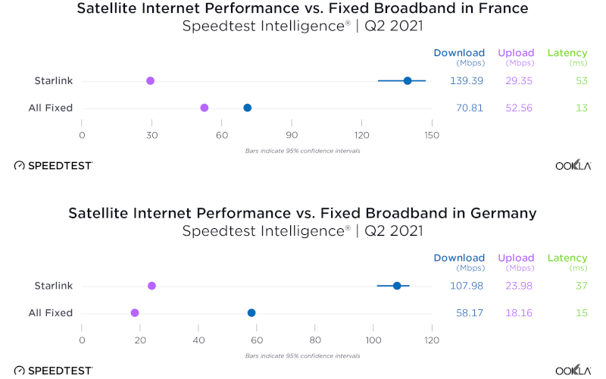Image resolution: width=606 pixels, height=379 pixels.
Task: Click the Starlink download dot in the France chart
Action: [408, 80]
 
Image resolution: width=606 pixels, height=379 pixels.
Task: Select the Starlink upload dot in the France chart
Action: [150, 80]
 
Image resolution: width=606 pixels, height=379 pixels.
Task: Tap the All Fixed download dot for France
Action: [247, 108]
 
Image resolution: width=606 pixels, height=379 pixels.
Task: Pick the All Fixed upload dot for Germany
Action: [135, 312]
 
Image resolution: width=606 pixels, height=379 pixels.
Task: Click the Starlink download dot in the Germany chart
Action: [397, 286]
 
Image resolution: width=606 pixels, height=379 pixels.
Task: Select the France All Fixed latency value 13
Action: [582, 108]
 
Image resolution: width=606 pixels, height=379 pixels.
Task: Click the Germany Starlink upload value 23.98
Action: [516, 286]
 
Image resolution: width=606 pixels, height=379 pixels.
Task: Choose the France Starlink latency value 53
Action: [582, 80]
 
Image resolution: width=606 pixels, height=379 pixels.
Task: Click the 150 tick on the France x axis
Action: [432, 136]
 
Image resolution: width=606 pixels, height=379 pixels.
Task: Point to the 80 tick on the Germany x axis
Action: [315, 340]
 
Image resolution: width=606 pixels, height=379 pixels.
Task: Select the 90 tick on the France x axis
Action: [292, 136]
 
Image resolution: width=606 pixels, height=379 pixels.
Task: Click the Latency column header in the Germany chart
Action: [567, 258]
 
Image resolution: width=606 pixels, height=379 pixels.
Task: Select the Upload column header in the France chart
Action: [516, 53]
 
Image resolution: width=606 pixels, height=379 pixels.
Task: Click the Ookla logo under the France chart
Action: [573, 164]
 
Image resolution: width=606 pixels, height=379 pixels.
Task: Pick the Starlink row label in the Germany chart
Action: [53, 286]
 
